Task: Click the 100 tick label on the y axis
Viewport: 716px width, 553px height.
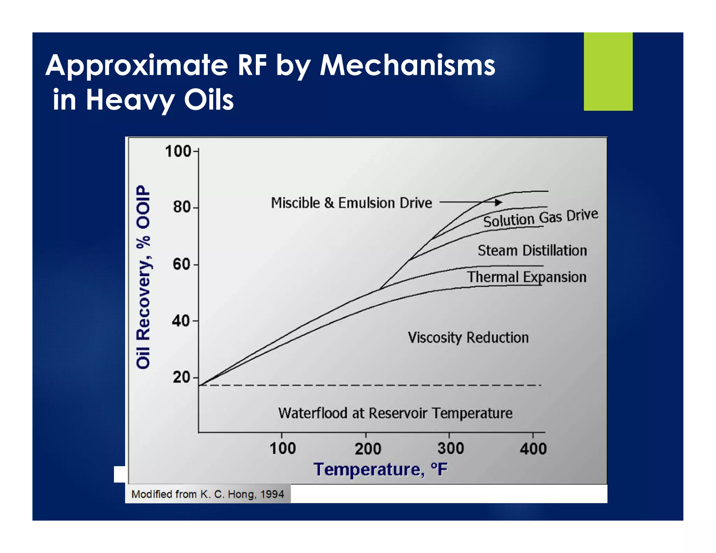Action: [178, 151]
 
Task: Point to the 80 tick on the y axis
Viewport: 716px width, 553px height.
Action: [181, 207]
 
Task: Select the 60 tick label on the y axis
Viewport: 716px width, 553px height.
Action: [181, 264]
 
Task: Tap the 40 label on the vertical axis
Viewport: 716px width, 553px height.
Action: [181, 321]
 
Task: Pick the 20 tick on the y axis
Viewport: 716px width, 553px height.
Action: [181, 377]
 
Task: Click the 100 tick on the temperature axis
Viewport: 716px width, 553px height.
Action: [282, 448]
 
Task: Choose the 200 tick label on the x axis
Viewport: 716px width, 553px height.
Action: [367, 448]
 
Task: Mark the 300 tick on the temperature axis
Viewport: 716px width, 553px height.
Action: [451, 448]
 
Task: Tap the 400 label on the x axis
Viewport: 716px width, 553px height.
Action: [533, 448]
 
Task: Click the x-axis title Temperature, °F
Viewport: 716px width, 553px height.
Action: [380, 469]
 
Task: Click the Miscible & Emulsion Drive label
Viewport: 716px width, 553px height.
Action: [351, 203]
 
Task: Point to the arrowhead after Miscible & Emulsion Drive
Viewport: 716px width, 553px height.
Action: [499, 202]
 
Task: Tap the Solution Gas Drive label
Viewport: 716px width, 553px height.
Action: [540, 218]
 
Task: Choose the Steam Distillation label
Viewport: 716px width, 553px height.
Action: [532, 250]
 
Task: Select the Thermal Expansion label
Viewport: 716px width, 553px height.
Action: [527, 277]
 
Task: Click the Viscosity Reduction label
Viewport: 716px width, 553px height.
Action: [468, 337]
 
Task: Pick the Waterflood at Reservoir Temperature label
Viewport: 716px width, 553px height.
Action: [395, 413]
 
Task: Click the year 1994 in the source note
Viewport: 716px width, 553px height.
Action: [272, 494]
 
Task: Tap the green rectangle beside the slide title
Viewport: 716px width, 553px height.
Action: [608, 72]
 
